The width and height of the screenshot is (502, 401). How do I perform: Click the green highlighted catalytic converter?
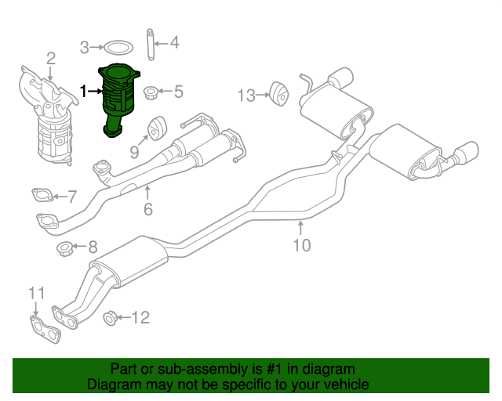pos(119,98)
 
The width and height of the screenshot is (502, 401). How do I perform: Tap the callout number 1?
pos(84,92)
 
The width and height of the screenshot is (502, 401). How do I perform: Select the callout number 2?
pos(50,58)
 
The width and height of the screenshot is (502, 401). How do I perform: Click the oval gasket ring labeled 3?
pos(118,46)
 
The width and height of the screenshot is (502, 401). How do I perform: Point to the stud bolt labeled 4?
pos(150,43)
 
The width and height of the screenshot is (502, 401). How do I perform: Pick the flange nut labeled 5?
pos(153,92)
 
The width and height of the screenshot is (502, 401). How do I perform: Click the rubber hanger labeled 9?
pos(155,126)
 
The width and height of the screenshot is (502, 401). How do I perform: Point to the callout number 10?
pos(302,245)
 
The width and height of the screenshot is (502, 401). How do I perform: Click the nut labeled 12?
pos(111,317)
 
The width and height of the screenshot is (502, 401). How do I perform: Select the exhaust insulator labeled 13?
pos(278,92)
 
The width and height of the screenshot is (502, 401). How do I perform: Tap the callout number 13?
pos(246,96)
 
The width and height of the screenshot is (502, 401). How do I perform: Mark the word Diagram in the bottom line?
pos(111,385)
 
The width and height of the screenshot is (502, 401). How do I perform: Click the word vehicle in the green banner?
pos(344,385)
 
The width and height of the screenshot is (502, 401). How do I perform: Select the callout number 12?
pos(140,317)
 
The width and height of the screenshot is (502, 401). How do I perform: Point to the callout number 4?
pos(175,42)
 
